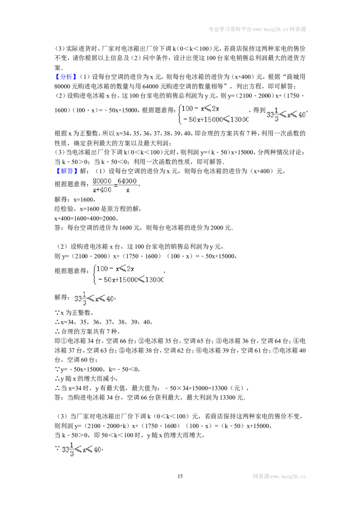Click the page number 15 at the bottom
pyautogui.click(x=180, y=476)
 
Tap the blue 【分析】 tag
pyautogui.click(x=66, y=77)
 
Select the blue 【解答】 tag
pyautogui.click(x=66, y=171)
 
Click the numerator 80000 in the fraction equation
pyautogui.click(x=102, y=181)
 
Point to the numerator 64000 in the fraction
pyautogui.click(x=127, y=181)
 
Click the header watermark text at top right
pyautogui.click(x=257, y=29)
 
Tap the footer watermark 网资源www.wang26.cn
pyautogui.click(x=279, y=477)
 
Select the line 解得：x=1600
pyautogui.click(x=75, y=199)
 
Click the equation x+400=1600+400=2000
pyautogui.click(x=86, y=218)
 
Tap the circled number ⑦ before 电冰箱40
pyautogui.click(x=276, y=350)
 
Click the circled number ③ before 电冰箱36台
pyautogui.click(x=219, y=341)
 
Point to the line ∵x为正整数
pyautogui.click(x=74, y=313)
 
